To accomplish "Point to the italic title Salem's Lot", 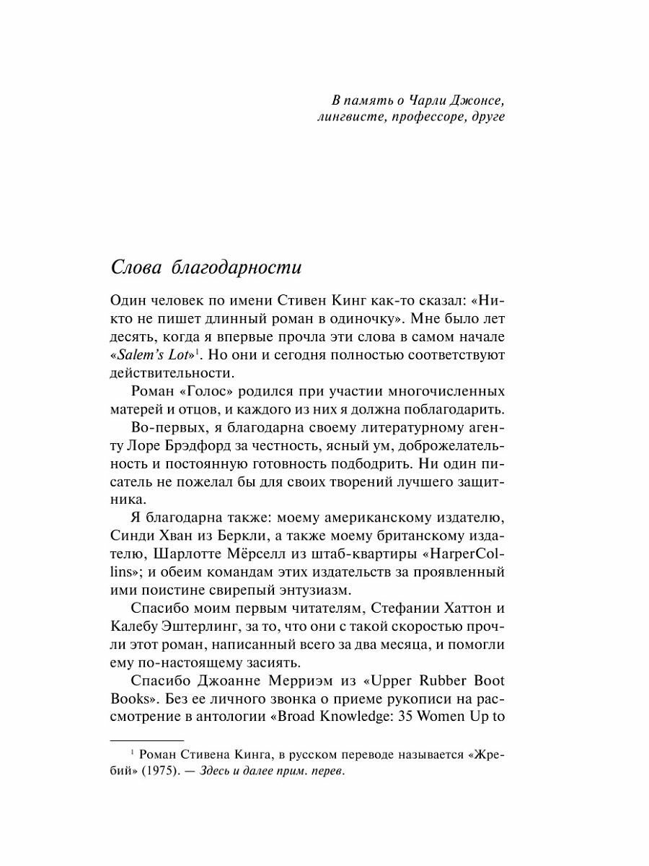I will tap(154, 354).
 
